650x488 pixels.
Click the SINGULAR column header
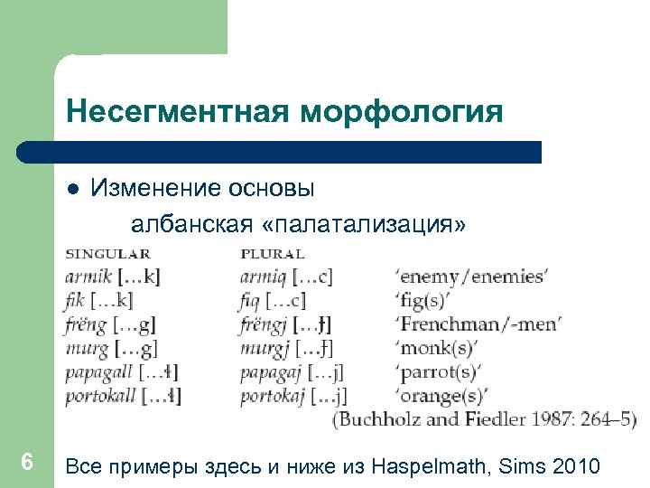click(x=107, y=254)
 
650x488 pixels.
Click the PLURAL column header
click(x=272, y=254)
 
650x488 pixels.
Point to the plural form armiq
click(x=263, y=277)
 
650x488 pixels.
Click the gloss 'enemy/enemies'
click(x=471, y=277)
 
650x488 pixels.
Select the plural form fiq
click(x=251, y=300)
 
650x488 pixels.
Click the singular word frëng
click(x=86, y=324)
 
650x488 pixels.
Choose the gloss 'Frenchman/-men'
click(x=478, y=324)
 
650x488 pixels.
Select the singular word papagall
click(x=99, y=371)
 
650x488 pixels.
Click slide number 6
click(x=27, y=463)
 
